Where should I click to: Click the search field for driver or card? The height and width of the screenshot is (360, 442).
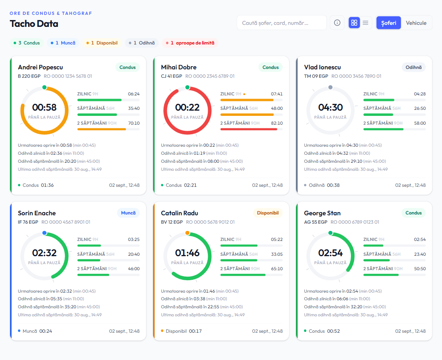tap(282, 23)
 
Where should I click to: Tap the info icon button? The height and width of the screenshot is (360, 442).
tap(337, 23)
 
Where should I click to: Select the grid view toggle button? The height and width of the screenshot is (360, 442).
tap(354, 23)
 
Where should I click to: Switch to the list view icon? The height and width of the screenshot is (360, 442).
tap(365, 23)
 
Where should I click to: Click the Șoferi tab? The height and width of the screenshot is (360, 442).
tap(388, 23)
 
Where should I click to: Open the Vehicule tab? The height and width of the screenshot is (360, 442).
tap(416, 23)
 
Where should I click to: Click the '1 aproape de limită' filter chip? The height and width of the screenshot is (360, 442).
tap(190, 43)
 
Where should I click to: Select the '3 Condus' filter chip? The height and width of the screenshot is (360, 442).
tap(27, 43)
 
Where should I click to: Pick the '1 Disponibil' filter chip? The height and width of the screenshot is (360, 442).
tap(102, 43)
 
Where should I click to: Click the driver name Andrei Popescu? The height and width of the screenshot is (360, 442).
tap(41, 67)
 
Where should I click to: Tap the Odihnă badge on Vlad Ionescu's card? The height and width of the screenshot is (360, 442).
tap(414, 67)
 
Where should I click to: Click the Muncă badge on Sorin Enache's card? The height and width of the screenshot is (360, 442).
tap(128, 213)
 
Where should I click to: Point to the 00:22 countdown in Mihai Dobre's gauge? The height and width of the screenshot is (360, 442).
tap(187, 107)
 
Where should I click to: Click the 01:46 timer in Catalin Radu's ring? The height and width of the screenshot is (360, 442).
tap(187, 253)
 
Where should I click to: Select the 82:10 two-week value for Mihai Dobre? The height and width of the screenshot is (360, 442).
tap(277, 123)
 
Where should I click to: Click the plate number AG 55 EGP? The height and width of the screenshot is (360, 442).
tap(316, 222)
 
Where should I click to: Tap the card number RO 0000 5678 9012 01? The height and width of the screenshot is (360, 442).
tap(210, 222)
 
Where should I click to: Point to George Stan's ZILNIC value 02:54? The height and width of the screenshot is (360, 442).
tap(420, 239)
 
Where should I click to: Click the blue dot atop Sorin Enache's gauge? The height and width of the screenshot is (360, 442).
tap(45, 233)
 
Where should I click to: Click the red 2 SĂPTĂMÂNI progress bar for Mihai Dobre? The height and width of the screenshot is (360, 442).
tap(249, 129)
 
